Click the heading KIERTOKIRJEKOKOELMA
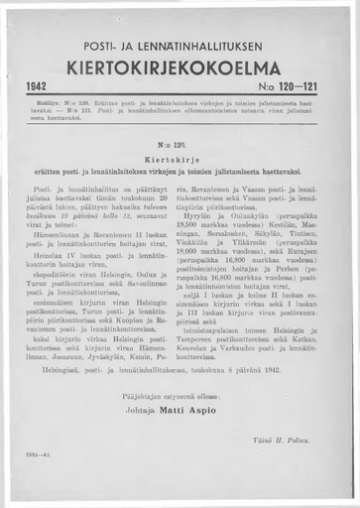[180, 68]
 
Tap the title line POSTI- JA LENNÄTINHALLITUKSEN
[180, 47]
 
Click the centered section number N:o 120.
[180, 145]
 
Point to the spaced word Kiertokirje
[180, 159]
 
